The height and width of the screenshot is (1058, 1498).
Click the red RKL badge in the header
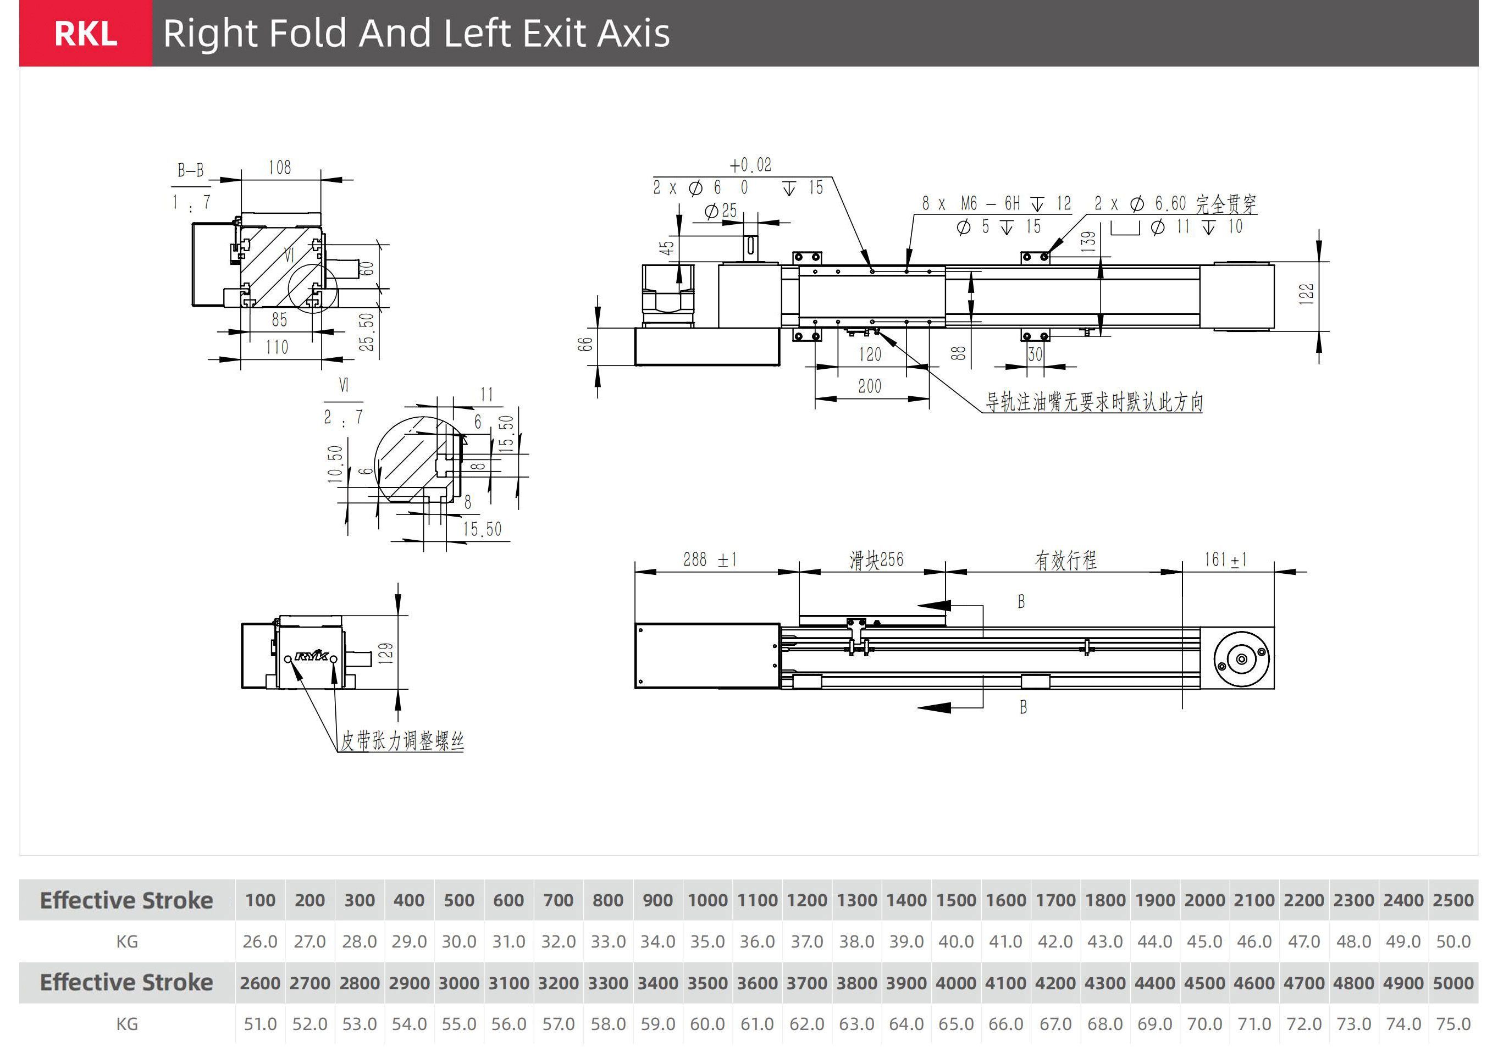pos(85,34)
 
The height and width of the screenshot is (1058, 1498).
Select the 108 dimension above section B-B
pos(280,168)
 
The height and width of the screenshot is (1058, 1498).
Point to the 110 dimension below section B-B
pos(277,347)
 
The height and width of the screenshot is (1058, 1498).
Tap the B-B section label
pos(191,170)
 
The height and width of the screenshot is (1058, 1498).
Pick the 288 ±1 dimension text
pos(710,559)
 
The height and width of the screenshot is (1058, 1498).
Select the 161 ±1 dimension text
pos(1225,559)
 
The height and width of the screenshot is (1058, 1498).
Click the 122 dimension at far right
pos(1306,293)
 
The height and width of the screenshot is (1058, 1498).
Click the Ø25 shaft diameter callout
pos(721,210)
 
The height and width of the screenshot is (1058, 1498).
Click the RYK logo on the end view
pos(312,655)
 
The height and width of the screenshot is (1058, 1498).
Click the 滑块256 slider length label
pos(876,560)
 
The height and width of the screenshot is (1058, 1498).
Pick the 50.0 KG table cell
pos(1453,941)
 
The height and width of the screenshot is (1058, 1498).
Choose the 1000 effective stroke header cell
pos(707,900)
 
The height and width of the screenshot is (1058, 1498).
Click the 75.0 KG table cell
pos(1453,1024)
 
